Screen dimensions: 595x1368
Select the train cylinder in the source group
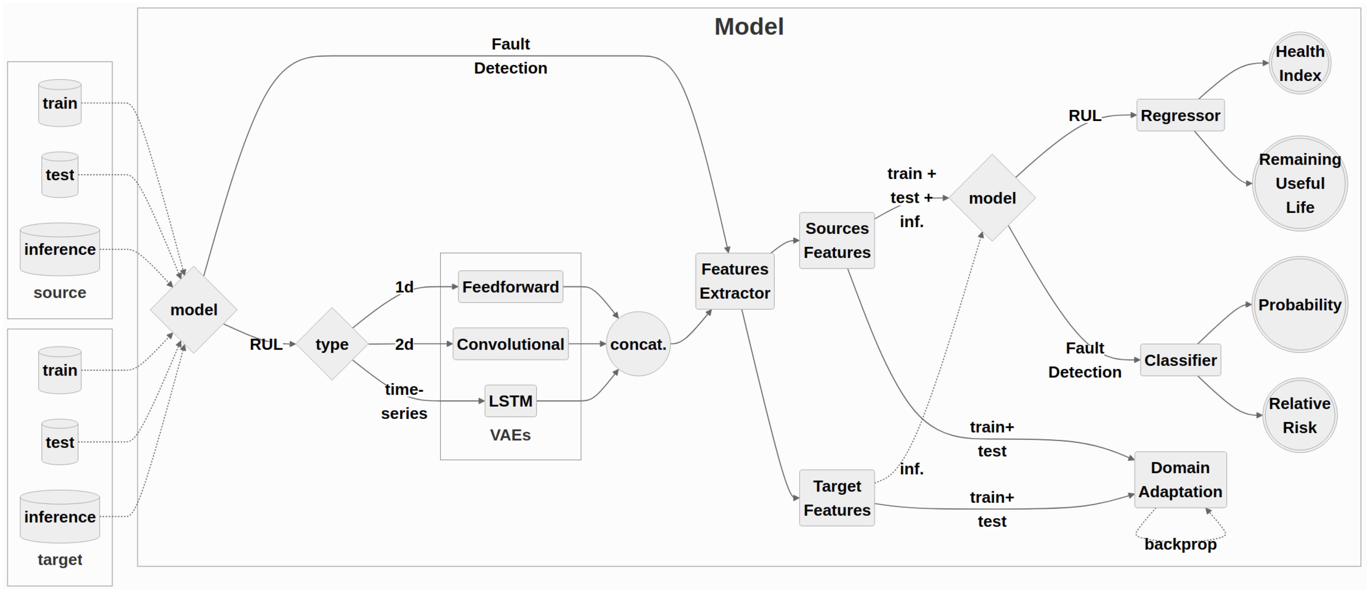click(x=60, y=103)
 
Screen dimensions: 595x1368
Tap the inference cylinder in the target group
click(x=60, y=517)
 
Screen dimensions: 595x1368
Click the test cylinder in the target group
click(x=60, y=442)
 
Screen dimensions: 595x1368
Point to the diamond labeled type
click(x=332, y=344)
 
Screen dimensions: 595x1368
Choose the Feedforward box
click(x=510, y=287)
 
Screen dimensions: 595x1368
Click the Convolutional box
click(x=510, y=344)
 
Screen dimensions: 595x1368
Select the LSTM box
click(x=510, y=401)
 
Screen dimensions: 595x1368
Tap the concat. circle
click(x=638, y=344)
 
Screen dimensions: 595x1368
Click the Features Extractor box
click(x=734, y=281)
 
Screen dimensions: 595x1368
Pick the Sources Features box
click(x=837, y=241)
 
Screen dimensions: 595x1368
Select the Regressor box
click(x=1180, y=115)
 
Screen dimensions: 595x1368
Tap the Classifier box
click(x=1180, y=360)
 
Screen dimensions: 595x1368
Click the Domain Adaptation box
click(x=1180, y=480)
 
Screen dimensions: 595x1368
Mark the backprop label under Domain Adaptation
click(x=1180, y=545)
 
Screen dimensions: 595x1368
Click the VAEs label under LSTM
click(x=510, y=435)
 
